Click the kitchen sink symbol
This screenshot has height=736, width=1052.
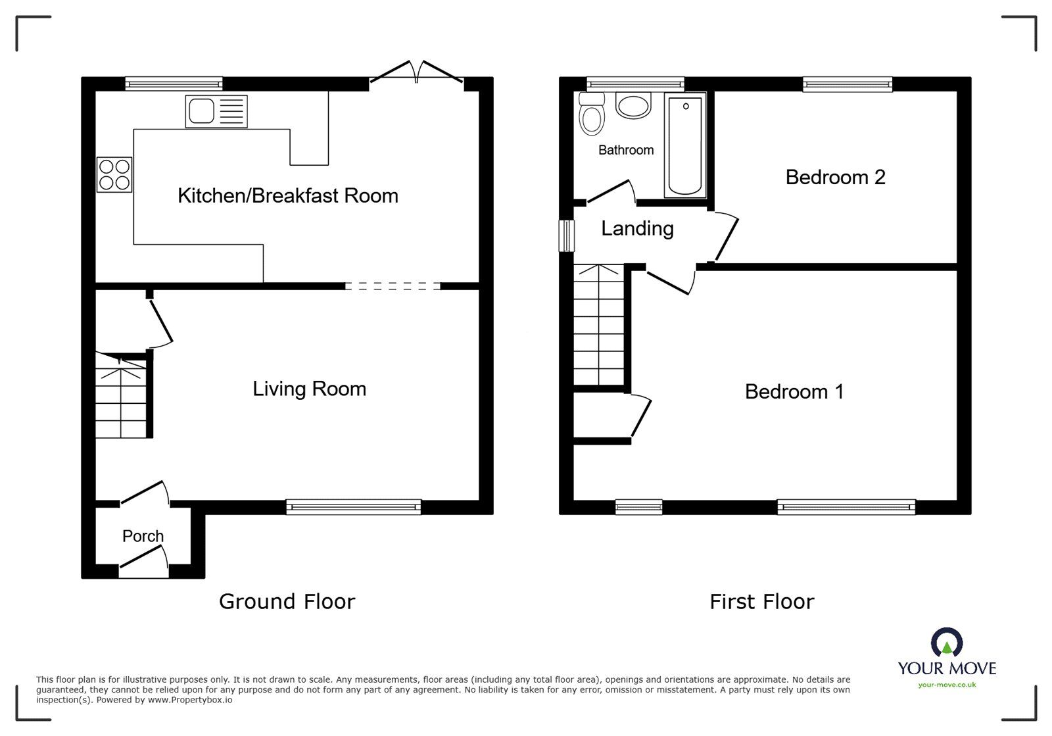(x=216, y=110)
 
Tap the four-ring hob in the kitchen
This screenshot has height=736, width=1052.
(x=114, y=174)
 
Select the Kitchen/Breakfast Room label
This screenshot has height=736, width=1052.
(x=287, y=195)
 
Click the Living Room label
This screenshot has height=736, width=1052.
(x=309, y=389)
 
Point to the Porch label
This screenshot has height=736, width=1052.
(x=143, y=536)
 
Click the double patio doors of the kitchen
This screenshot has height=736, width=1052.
(x=417, y=72)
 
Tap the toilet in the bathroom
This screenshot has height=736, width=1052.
(x=592, y=116)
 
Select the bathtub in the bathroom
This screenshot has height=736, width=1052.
(x=685, y=145)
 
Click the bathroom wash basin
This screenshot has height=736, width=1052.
(x=633, y=105)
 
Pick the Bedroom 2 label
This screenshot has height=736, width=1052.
(x=835, y=177)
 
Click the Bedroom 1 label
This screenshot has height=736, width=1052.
(x=794, y=391)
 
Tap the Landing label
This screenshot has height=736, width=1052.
(x=637, y=228)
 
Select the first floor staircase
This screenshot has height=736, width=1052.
(x=598, y=326)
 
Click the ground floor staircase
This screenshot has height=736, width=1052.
(x=121, y=395)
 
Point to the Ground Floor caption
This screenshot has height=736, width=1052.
(x=287, y=601)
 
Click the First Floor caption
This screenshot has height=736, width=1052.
(x=761, y=601)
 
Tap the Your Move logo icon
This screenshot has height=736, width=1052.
(x=947, y=643)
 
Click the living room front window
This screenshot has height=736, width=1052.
(x=354, y=506)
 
